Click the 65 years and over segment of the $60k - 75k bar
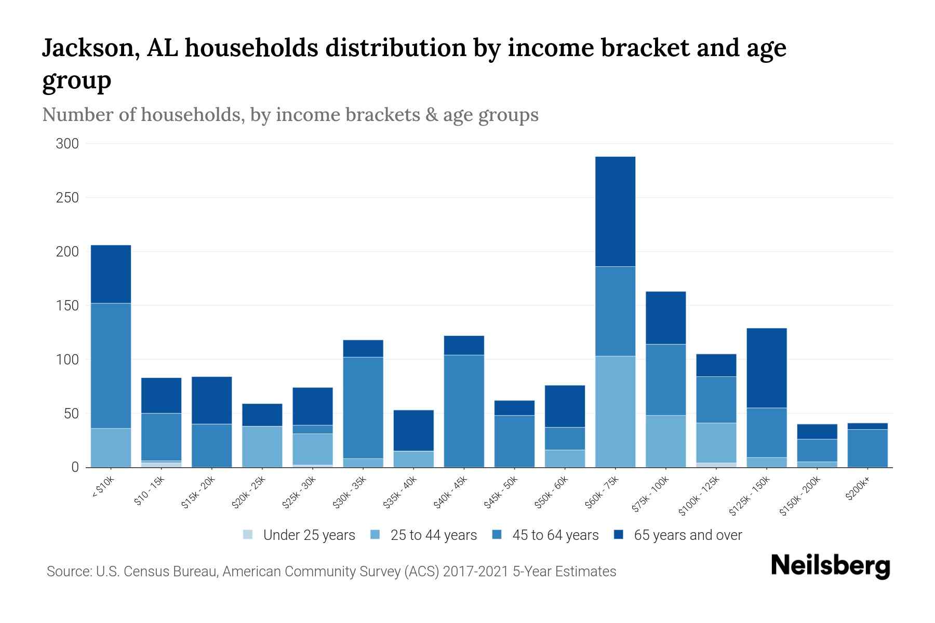click(615, 211)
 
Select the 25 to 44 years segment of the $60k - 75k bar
click(615, 411)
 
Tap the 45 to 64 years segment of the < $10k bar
click(111, 365)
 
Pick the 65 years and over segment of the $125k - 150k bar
click(766, 368)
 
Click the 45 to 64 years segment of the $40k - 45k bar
click(464, 411)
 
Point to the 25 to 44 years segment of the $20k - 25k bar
click(262, 446)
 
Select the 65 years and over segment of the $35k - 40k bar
click(413, 430)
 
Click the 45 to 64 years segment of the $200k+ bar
click(867, 448)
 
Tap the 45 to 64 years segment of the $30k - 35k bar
click(363, 408)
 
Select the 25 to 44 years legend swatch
click(375, 535)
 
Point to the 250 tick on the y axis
click(67, 198)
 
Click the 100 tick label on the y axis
click(67, 360)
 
